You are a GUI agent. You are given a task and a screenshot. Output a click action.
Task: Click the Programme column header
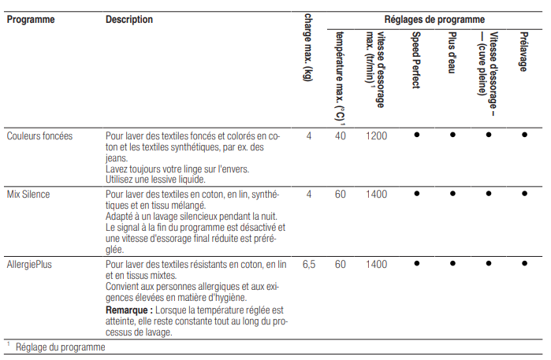(x=31, y=20)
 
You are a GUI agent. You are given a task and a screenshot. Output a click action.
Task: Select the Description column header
(x=129, y=20)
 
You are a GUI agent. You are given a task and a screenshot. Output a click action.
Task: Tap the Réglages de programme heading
(x=434, y=19)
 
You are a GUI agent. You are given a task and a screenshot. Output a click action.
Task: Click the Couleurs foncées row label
(x=40, y=135)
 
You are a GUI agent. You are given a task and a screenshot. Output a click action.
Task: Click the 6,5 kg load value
(x=308, y=265)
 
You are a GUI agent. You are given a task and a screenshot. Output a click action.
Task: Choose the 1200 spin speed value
(x=377, y=135)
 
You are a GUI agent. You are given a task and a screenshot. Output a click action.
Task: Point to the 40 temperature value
(x=341, y=135)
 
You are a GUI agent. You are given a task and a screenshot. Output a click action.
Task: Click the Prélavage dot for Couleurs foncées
(x=524, y=135)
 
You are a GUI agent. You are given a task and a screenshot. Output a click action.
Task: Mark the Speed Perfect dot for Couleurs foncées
(x=416, y=135)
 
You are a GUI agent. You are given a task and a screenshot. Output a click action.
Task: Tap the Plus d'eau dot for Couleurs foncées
(x=452, y=135)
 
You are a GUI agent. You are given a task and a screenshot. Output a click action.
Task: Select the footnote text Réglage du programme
(x=60, y=347)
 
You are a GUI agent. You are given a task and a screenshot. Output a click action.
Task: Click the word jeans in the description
(x=117, y=158)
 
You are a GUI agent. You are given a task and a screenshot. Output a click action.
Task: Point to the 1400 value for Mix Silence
(x=377, y=193)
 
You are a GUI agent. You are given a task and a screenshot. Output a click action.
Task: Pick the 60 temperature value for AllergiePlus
(x=341, y=265)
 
